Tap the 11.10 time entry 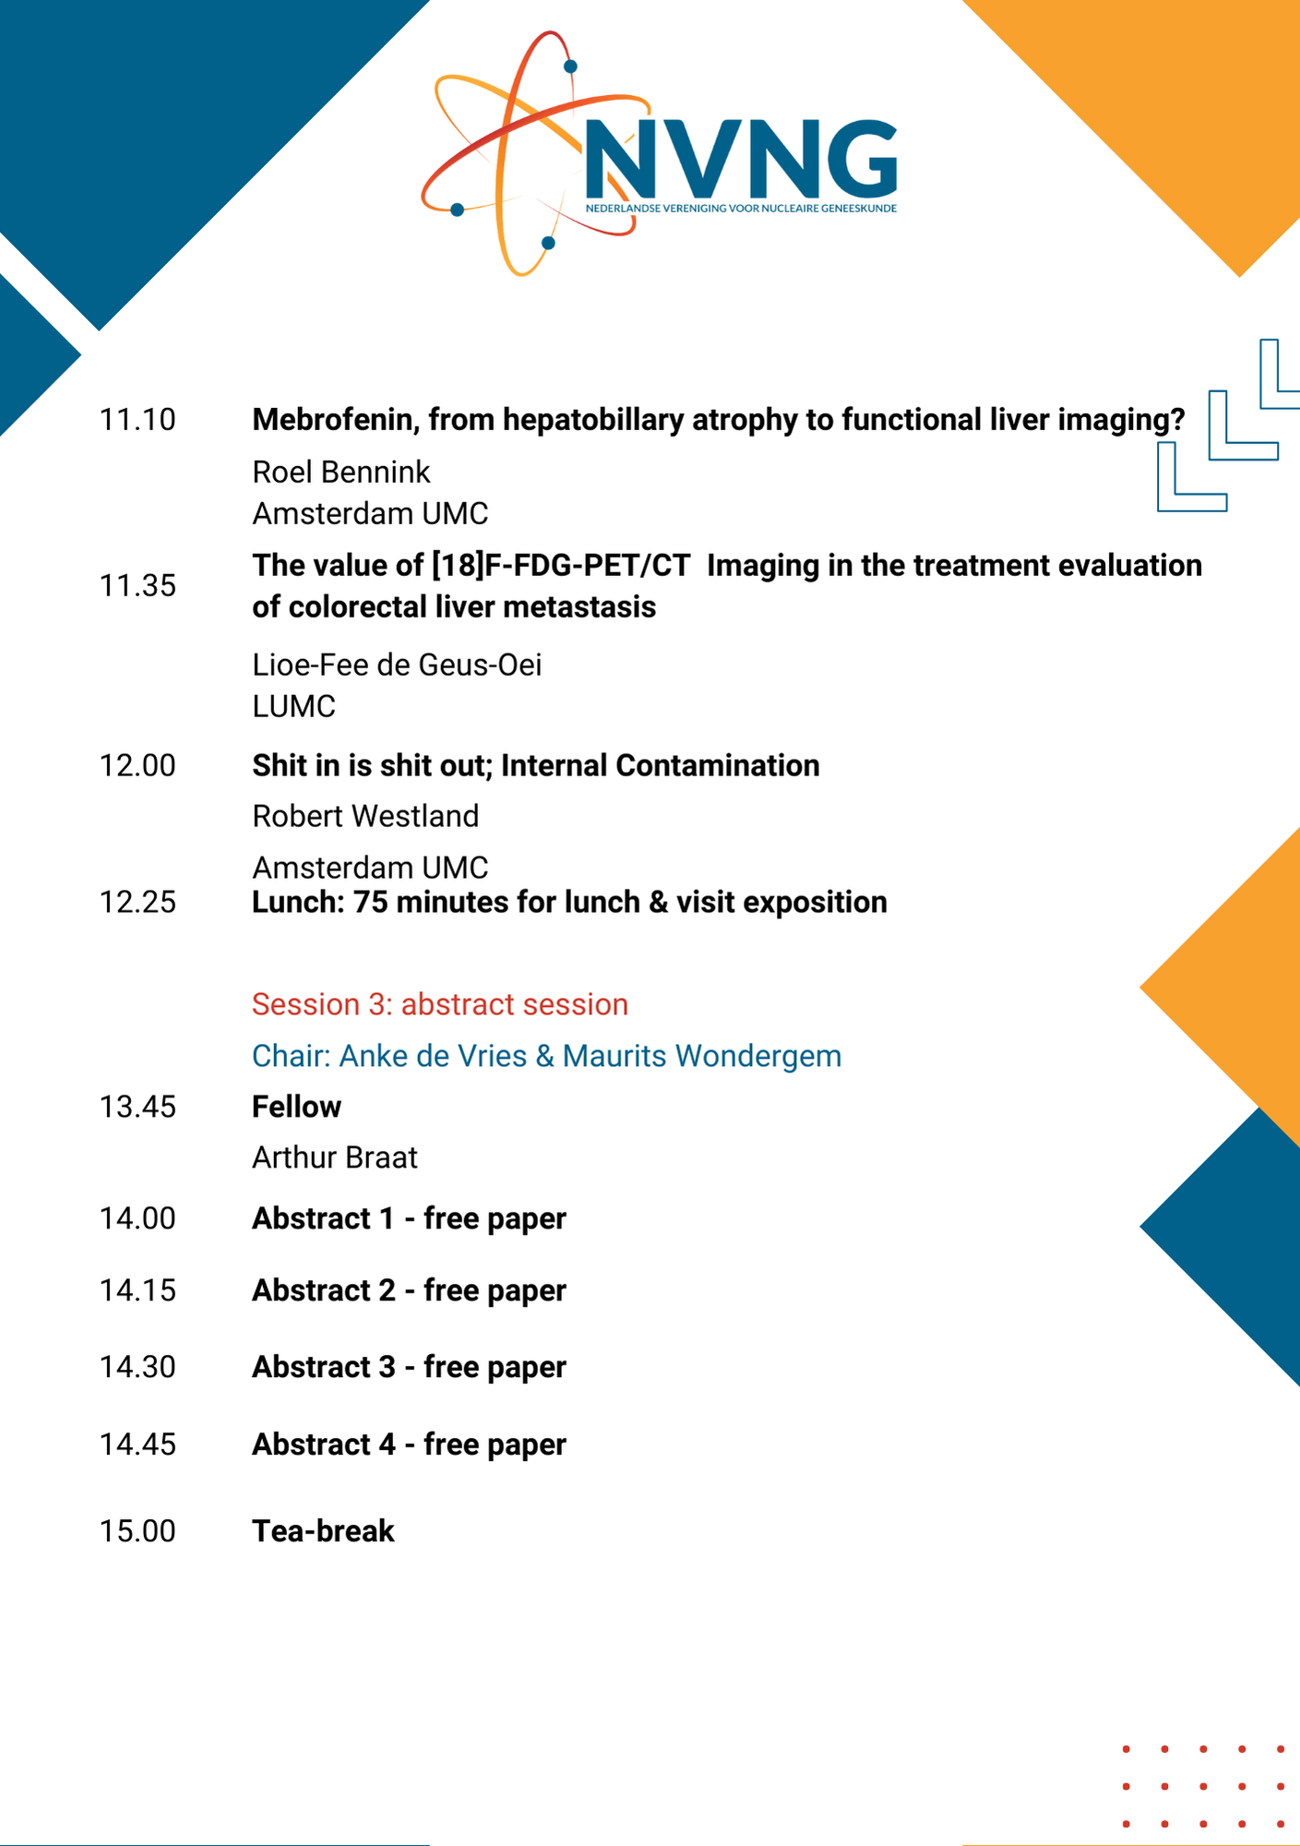137,420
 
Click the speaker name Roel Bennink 341,472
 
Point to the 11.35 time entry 137,586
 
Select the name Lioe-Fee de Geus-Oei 397,665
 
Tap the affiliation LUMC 294,706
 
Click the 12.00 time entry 137,766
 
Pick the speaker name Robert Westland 365,816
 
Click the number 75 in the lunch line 371,902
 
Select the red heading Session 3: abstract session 440,1004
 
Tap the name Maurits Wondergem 702,1056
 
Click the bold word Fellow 297,1107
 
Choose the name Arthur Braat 335,1157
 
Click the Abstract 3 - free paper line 410,1367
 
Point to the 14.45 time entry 137,1444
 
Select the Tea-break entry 324,1531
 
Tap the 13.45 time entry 137,1107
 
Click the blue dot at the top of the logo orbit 570,66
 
